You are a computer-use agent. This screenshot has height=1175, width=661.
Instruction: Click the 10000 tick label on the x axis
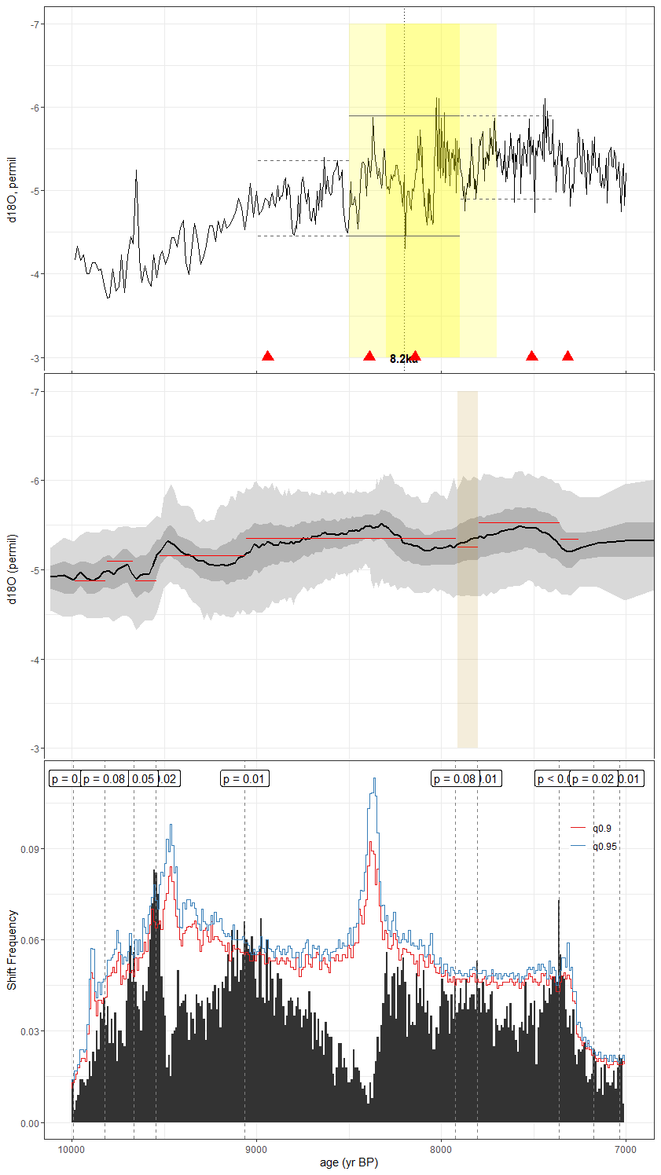pyautogui.click(x=72, y=1150)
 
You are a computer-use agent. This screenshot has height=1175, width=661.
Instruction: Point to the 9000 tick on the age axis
pyautogui.click(x=256, y=1150)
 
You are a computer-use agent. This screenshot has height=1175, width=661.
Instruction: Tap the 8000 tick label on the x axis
pyautogui.click(x=441, y=1150)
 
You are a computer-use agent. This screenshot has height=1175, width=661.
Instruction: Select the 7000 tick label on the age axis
pyautogui.click(x=626, y=1150)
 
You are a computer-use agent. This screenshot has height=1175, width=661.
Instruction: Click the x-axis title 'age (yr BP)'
pyautogui.click(x=349, y=1163)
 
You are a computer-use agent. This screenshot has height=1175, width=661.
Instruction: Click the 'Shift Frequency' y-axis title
pyautogui.click(x=12, y=950)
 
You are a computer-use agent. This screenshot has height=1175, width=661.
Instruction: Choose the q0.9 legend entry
pyautogui.click(x=601, y=829)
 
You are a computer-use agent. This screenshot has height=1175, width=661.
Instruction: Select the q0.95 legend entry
pyautogui.click(x=604, y=847)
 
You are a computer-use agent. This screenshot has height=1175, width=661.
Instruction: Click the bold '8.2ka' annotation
pyautogui.click(x=403, y=359)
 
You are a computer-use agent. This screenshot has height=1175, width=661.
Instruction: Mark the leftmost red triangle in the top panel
pyautogui.click(x=268, y=357)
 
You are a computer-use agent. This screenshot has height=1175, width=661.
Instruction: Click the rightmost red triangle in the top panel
pyautogui.click(x=567, y=357)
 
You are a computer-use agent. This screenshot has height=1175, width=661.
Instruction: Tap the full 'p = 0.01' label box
pyautogui.click(x=244, y=779)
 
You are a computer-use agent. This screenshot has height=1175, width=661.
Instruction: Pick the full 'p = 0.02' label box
pyautogui.click(x=593, y=779)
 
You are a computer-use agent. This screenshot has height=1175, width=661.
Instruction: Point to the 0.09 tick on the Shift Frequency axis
pyautogui.click(x=31, y=849)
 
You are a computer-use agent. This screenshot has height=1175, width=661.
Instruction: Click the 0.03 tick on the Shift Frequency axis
pyautogui.click(x=31, y=1031)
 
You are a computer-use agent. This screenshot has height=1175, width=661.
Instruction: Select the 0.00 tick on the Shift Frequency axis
pyautogui.click(x=31, y=1123)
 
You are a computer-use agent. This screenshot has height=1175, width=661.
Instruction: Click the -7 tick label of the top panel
pyautogui.click(x=35, y=24)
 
